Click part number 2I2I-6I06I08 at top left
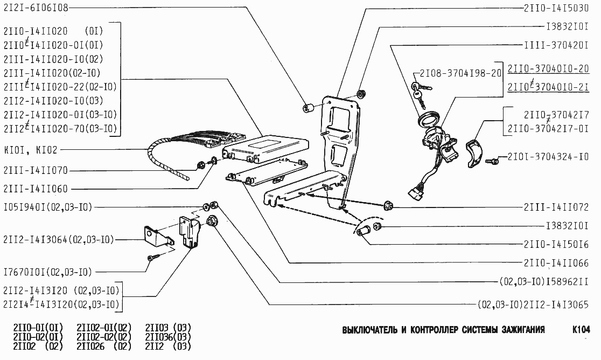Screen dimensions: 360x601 coord(36,9)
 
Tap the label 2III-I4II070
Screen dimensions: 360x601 coord(36,171)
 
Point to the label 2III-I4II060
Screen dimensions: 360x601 coord(36,189)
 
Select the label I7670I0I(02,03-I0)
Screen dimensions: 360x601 coord(47,271)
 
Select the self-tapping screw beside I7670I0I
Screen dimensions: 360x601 coord(152,258)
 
